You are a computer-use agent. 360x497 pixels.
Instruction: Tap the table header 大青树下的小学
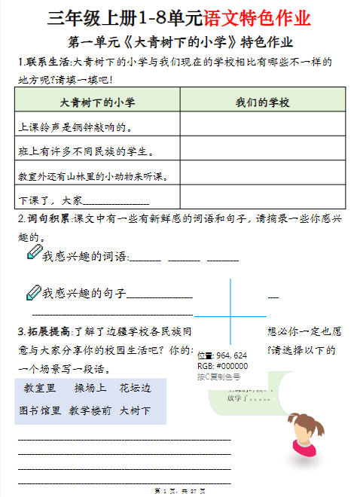coord(97,102)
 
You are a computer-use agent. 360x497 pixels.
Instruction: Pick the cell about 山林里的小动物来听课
coord(90,176)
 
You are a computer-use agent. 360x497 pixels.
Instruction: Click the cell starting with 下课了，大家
coord(83,200)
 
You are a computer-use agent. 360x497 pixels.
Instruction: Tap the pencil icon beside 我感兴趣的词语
coord(33,254)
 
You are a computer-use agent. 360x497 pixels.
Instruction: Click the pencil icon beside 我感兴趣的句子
coord(33,291)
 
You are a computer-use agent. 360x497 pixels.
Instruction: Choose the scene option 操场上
coord(90,389)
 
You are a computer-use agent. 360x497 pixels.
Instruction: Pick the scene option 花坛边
coord(135,389)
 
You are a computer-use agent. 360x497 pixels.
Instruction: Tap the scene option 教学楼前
coord(90,411)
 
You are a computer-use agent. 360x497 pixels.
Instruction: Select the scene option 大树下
coord(135,411)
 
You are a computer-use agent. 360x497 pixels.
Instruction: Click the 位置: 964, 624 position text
coord(221,355)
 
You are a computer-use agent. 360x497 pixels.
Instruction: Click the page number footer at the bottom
coord(179,492)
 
